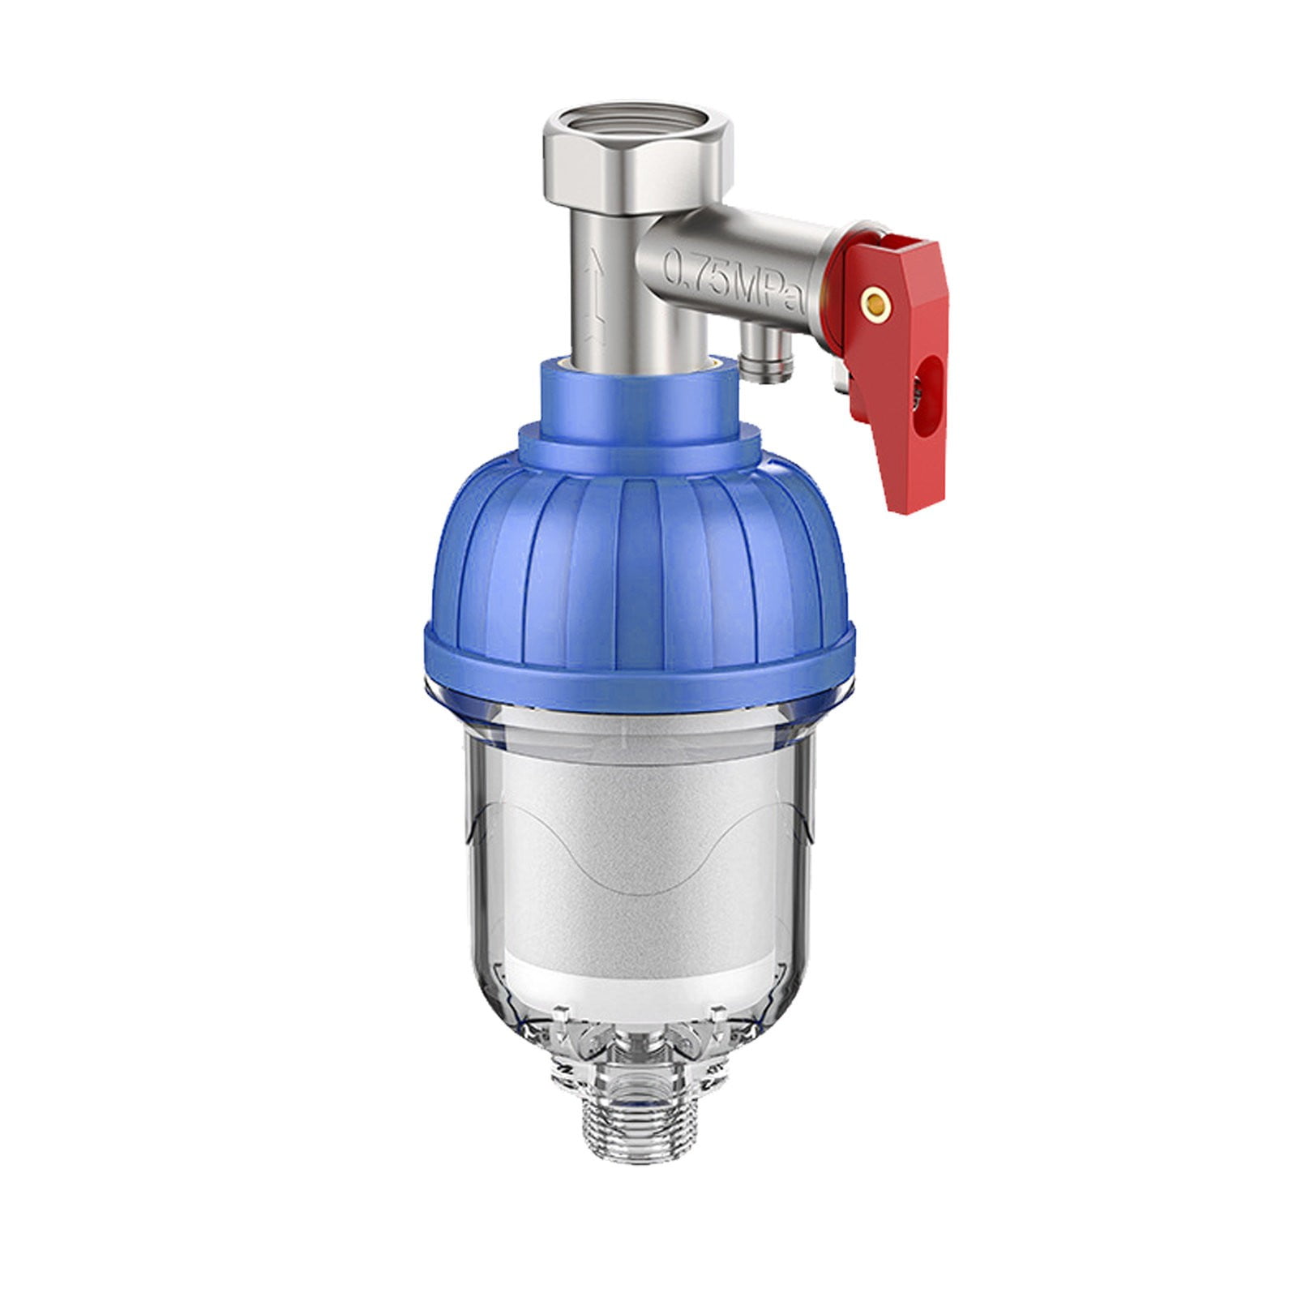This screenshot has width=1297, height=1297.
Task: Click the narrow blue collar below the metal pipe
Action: tap(640, 397)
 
